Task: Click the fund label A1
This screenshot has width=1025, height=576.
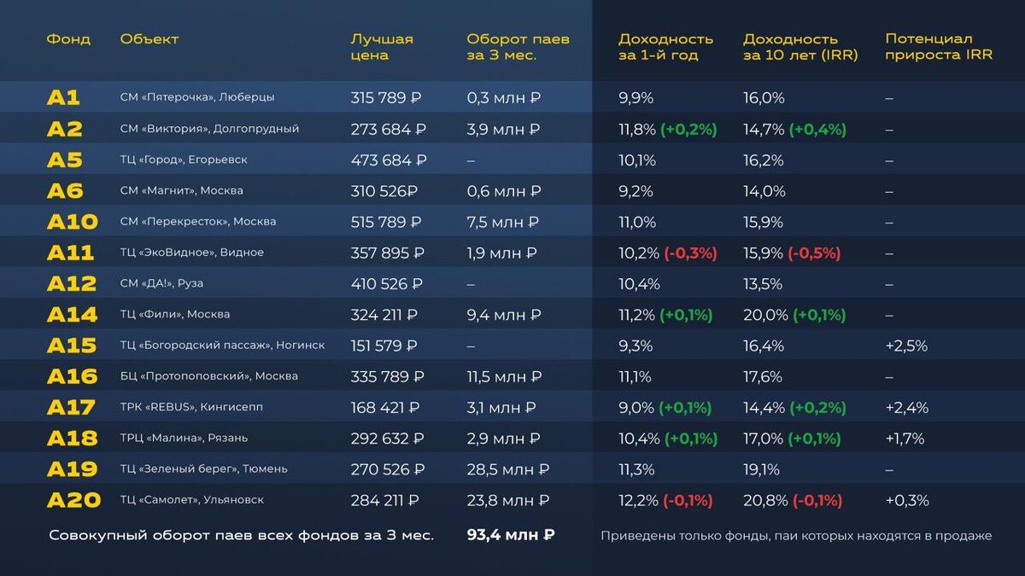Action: [x=63, y=98]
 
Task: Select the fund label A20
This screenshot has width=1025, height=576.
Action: [x=73, y=501]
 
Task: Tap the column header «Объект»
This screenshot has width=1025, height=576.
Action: [x=149, y=39]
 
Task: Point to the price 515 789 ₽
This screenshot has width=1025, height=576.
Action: [x=386, y=222]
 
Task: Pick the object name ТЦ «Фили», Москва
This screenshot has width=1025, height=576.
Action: [x=175, y=315]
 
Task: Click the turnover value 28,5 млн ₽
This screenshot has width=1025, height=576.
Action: [x=508, y=469]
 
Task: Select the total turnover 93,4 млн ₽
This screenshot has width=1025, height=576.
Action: [x=511, y=535]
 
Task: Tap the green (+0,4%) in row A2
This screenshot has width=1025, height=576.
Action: [x=817, y=130]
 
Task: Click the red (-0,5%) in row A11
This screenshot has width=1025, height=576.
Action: [x=814, y=253]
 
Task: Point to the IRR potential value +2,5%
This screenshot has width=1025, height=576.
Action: [x=906, y=346]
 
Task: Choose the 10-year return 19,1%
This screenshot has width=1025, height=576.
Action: [x=761, y=469]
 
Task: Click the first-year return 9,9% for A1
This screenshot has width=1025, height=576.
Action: [x=635, y=98]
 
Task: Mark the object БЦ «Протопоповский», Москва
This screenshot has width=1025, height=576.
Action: [x=209, y=376]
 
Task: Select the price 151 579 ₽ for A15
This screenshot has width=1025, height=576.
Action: [x=384, y=346]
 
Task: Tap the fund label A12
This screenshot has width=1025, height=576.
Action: [x=72, y=284]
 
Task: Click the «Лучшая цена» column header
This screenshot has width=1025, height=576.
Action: [x=382, y=47]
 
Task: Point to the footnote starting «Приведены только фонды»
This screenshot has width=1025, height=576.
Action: [x=796, y=536]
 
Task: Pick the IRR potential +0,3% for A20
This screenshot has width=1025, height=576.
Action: [x=907, y=501]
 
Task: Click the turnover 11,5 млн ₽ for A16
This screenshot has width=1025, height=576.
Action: [x=504, y=377]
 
